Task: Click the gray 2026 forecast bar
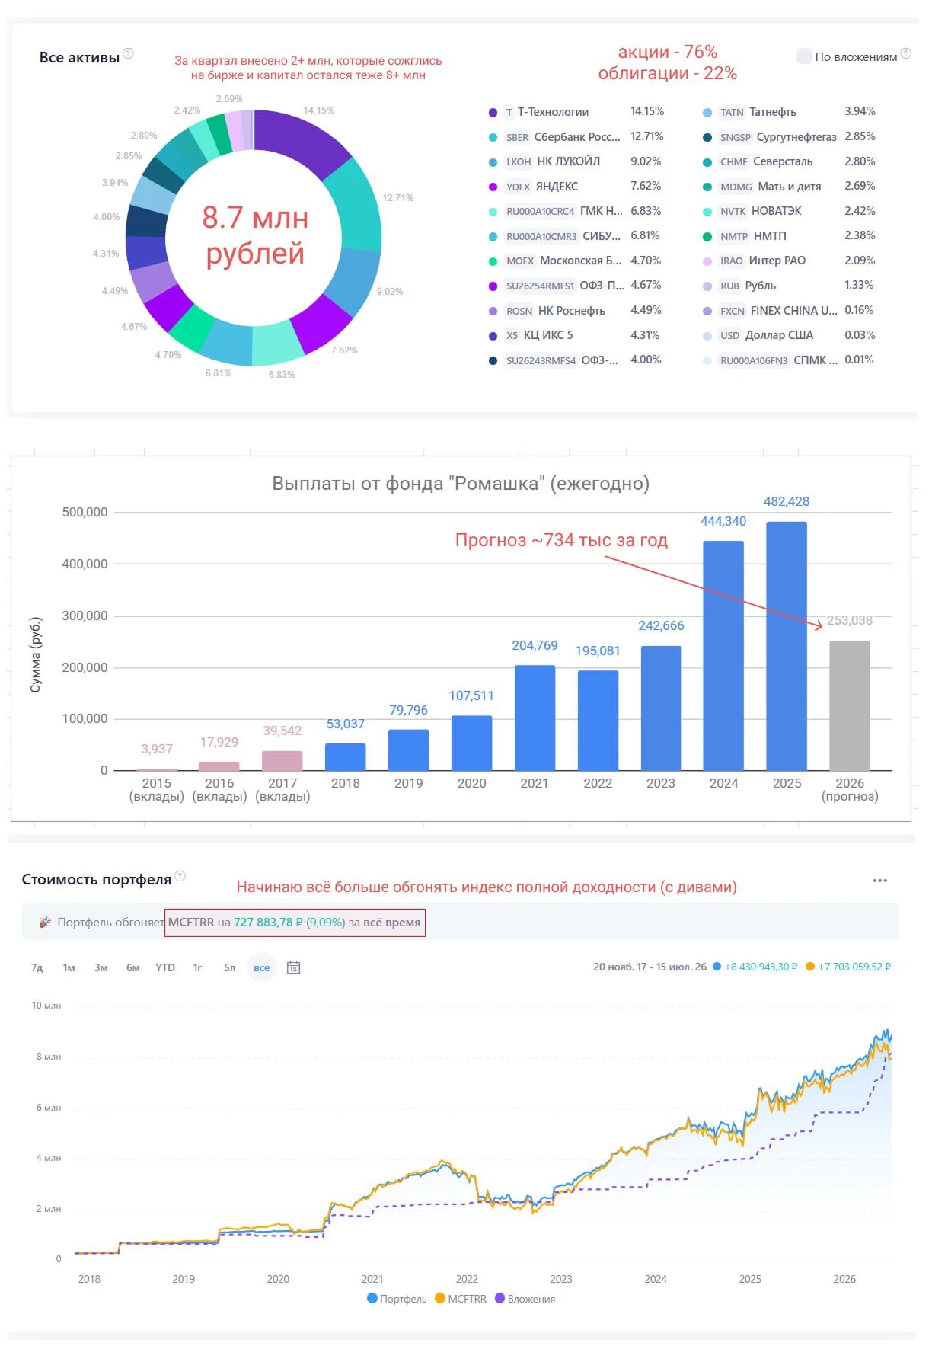coord(849,705)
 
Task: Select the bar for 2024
coord(723,656)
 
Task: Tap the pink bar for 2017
coord(282,761)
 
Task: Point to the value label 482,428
coord(787,501)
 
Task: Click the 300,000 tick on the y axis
coord(85,616)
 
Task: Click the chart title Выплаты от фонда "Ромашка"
coord(461,484)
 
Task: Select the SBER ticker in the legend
coord(517,137)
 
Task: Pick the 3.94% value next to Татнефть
coord(860,111)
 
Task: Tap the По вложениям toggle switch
coord(804,56)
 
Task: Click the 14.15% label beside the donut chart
coord(319,110)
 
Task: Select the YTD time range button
coord(165,967)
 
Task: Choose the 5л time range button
coord(229,967)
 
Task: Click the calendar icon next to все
coord(294,967)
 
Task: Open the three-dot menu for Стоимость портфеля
coord(880,881)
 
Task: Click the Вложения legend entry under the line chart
coord(525,1299)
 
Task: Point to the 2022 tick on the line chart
coord(467,1279)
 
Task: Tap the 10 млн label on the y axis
coord(46,1006)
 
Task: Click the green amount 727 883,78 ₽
coord(268,923)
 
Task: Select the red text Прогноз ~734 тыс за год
coord(561,540)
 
